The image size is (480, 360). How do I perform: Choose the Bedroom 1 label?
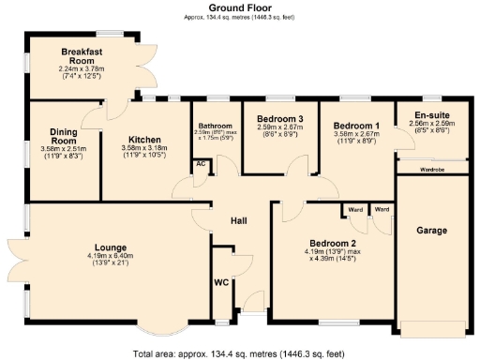(x=356, y=125)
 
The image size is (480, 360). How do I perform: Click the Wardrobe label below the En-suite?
(x=432, y=170)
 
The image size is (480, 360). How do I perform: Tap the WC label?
(x=221, y=279)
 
